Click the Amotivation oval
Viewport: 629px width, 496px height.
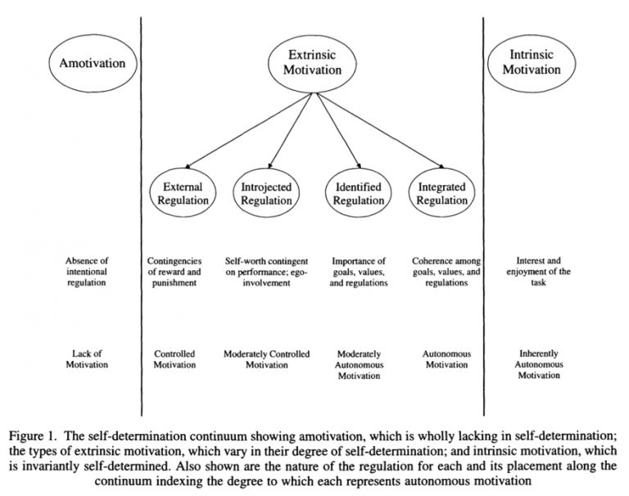pyautogui.click(x=87, y=62)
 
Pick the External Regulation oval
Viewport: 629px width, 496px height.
pyautogui.click(x=179, y=193)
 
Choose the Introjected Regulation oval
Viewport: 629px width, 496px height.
pyautogui.click(x=266, y=193)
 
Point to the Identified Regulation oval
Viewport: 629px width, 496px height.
pyautogui.click(x=359, y=193)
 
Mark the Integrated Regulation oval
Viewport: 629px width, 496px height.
pyautogui.click(x=442, y=193)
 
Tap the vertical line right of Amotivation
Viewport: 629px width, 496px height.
pyautogui.click(x=142, y=205)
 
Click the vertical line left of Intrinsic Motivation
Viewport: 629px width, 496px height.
pyautogui.click(x=483, y=205)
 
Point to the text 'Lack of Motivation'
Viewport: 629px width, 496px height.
pyautogui.click(x=87, y=359)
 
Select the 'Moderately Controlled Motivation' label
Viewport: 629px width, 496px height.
pyautogui.click(x=266, y=359)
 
